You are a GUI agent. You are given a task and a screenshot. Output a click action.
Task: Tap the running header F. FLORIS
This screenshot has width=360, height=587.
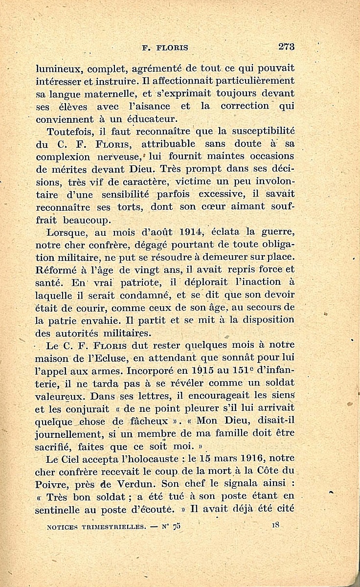(165, 48)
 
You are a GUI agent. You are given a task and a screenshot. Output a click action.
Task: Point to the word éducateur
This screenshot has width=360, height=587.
(147, 119)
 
